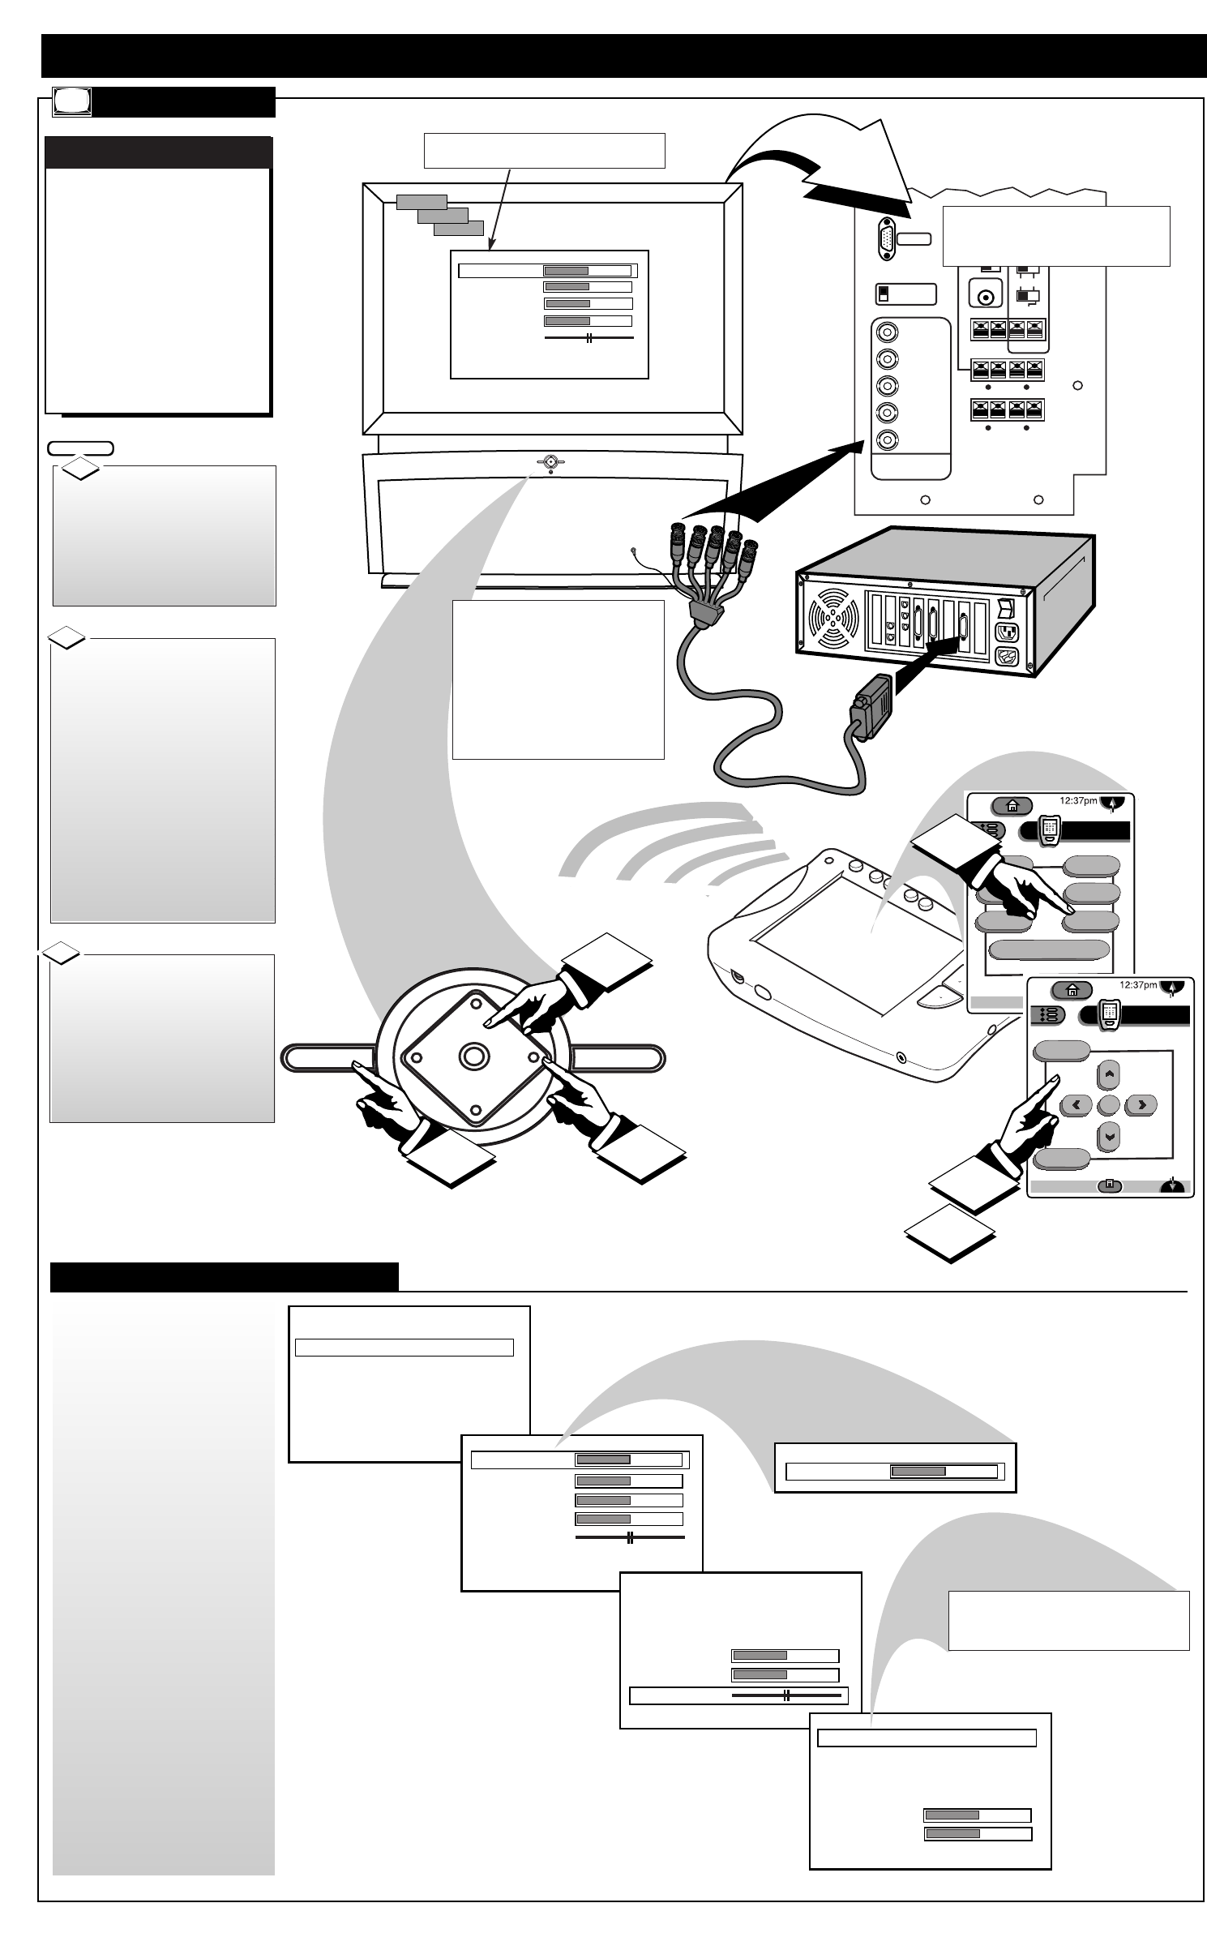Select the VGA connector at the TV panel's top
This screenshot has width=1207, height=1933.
[x=886, y=240]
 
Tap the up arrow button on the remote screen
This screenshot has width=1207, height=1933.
[x=1109, y=1075]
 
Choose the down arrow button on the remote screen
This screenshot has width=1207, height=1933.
[x=1109, y=1136]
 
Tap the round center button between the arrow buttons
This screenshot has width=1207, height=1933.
[x=1108, y=1105]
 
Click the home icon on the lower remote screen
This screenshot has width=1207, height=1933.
[x=1072, y=990]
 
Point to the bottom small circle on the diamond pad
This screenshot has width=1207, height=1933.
[x=473, y=1104]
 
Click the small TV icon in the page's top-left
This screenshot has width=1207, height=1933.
[x=71, y=101]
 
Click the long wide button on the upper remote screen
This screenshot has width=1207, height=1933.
[x=1049, y=950]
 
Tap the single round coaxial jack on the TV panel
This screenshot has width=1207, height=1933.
[x=986, y=298]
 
